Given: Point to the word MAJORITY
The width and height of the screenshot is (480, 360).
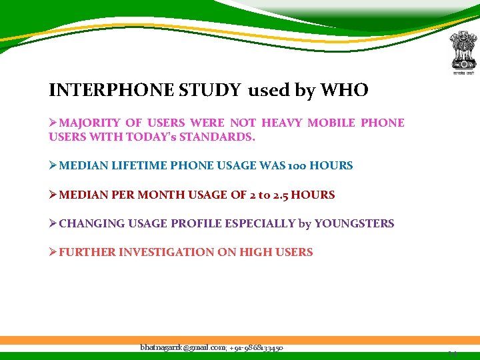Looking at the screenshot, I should (89, 123).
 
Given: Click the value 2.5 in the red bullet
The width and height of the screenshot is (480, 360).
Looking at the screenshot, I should (275, 195).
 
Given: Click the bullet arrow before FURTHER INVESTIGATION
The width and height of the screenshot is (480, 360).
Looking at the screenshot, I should (53, 252).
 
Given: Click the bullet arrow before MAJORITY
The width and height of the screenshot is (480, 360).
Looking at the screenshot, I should (53, 123).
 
